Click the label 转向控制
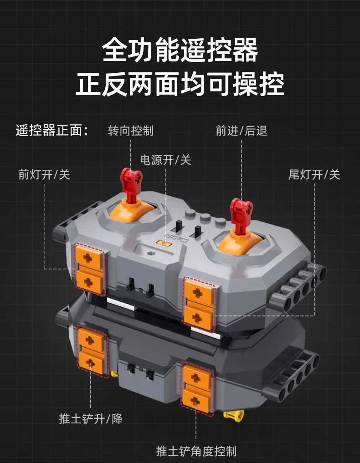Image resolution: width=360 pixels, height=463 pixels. coord(131,131)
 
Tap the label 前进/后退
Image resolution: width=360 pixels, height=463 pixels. coord(242,131)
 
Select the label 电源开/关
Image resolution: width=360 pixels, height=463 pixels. coord(165,160)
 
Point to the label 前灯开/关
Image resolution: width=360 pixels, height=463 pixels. coord(44,174)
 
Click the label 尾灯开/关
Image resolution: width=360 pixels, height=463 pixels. coord(314,174)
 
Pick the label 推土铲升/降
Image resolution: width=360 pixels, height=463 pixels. coord(90,419)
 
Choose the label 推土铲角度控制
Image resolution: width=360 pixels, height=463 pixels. coord(196,451)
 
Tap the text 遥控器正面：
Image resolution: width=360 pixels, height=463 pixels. coord(52,131)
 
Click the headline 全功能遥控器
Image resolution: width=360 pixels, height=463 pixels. coord(180,49)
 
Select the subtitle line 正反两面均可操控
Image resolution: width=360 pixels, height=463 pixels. coord(180,84)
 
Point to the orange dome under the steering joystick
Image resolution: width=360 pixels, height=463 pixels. coord(132,210)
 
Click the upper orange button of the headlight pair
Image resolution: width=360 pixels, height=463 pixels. coord(89,258)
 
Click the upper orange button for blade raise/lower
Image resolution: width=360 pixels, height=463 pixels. coord(91,340)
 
